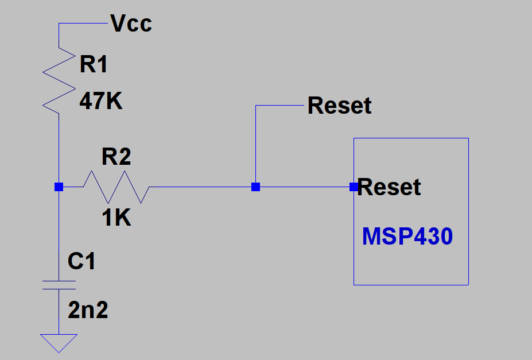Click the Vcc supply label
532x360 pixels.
click(131, 24)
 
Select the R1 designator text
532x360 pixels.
click(94, 65)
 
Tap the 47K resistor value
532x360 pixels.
click(101, 102)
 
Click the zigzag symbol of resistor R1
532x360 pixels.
click(59, 80)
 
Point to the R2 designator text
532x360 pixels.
click(116, 157)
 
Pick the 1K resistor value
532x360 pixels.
click(117, 218)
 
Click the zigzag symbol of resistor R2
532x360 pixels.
click(117, 187)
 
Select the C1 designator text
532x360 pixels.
click(81, 262)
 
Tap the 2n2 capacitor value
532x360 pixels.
click(88, 311)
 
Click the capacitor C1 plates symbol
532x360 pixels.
click(59, 285)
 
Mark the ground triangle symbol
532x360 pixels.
click(59, 342)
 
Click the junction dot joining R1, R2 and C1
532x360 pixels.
click(59, 187)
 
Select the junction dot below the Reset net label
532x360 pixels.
click(255, 187)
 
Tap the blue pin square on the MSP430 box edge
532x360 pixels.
click(354, 187)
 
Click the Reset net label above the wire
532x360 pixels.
click(339, 106)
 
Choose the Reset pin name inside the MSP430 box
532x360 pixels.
click(390, 187)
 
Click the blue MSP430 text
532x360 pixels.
click(407, 237)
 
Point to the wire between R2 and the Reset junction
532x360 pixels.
click(201, 187)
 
